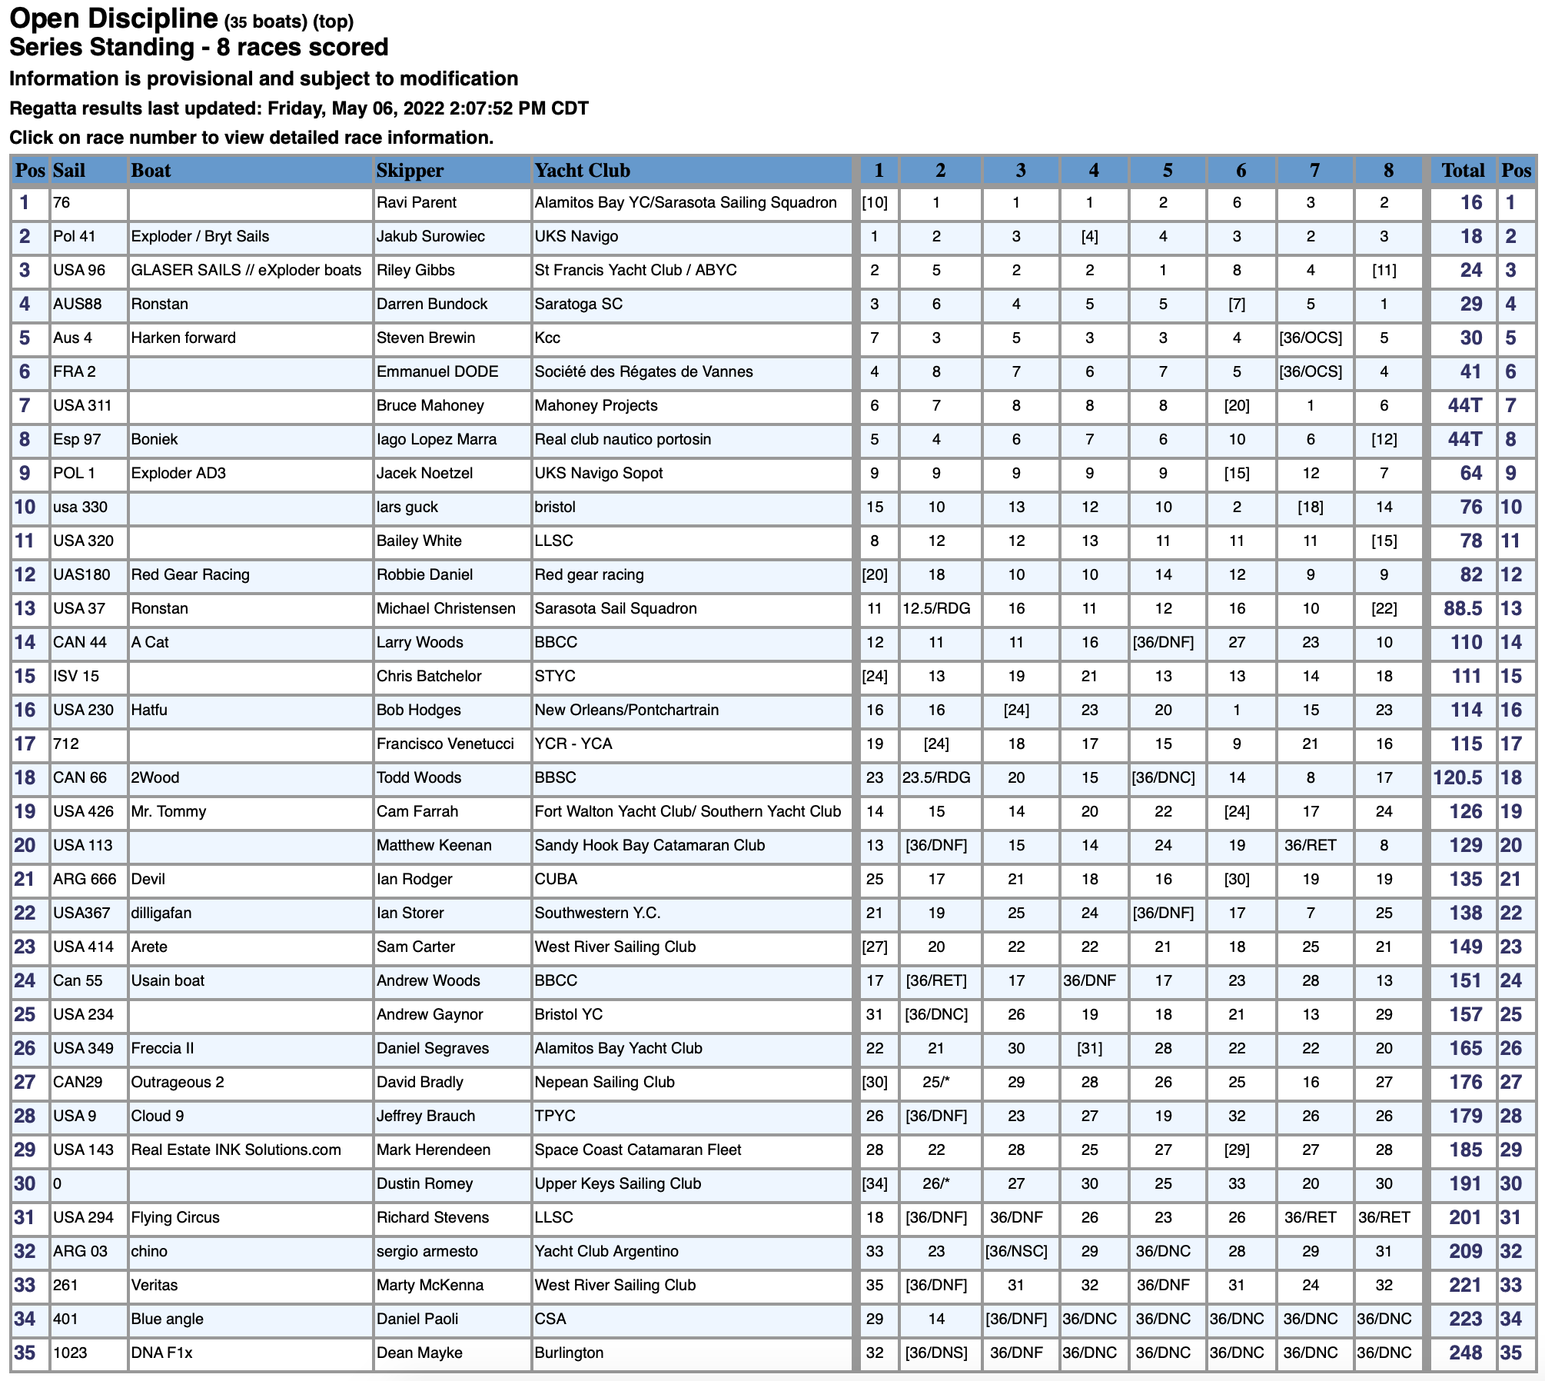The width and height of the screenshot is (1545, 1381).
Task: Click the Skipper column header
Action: (x=410, y=170)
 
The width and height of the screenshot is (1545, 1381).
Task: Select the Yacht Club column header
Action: (x=582, y=170)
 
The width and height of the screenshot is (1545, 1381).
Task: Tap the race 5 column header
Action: (x=1167, y=170)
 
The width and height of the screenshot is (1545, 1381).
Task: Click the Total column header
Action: (x=1463, y=170)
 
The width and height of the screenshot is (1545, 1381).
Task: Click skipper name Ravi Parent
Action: (x=416, y=203)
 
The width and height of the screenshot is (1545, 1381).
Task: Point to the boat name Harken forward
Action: (x=183, y=338)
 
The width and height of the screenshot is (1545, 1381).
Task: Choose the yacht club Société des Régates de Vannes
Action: (x=643, y=372)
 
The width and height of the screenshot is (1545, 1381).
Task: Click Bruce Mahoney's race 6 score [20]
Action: (x=1236, y=406)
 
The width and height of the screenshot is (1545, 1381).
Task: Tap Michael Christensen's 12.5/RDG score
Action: (x=936, y=609)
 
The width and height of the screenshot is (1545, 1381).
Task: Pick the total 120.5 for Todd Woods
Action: (x=1458, y=778)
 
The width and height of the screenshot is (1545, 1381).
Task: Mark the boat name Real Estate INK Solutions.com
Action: (x=235, y=1150)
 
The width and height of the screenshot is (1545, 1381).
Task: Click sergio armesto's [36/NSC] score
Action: (x=1016, y=1252)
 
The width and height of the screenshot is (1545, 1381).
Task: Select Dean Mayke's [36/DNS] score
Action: (x=936, y=1353)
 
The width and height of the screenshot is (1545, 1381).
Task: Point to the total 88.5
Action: (x=1463, y=609)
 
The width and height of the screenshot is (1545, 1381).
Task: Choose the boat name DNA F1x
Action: (x=161, y=1353)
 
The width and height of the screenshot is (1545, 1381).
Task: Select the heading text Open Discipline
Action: (x=114, y=18)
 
